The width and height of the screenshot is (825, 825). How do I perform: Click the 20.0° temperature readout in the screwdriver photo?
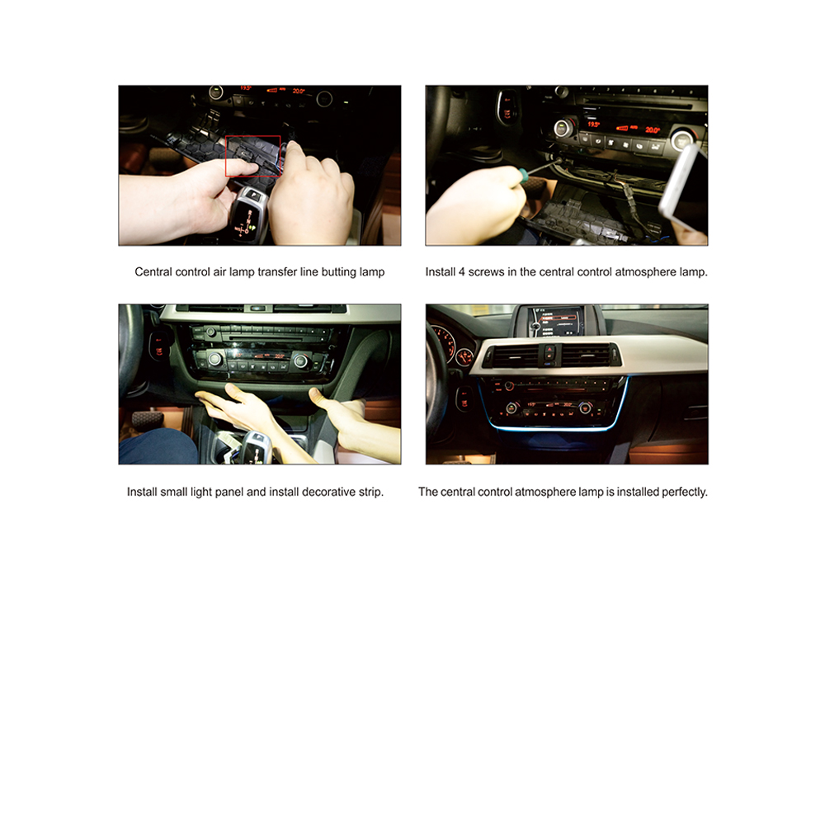(x=653, y=130)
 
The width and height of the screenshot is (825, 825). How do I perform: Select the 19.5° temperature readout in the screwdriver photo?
(x=593, y=125)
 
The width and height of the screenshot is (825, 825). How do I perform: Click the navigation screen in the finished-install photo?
(x=555, y=322)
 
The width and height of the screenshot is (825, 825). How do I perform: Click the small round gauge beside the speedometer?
(x=464, y=357)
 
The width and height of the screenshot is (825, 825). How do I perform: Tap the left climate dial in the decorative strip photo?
(x=214, y=360)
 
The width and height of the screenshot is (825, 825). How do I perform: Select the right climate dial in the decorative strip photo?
(x=301, y=361)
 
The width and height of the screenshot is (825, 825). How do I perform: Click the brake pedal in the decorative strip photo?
(x=148, y=420)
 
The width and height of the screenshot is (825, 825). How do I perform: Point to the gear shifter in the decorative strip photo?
(x=255, y=447)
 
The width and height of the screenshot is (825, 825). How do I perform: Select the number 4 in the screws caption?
(x=461, y=272)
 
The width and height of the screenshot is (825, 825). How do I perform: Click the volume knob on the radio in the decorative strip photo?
(x=210, y=332)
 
